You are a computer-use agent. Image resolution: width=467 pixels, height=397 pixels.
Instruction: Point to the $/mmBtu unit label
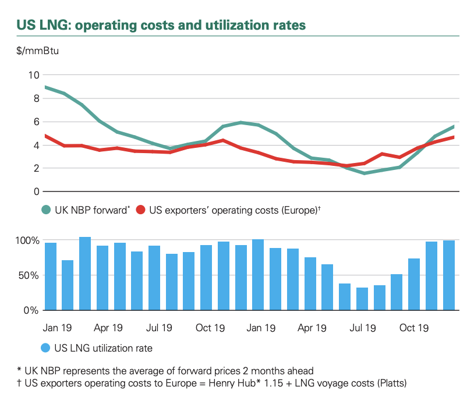tap(37, 51)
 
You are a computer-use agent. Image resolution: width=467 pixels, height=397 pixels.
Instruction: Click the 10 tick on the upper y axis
tap(33, 75)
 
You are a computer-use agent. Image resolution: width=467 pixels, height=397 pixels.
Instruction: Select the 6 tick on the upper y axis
tap(36, 122)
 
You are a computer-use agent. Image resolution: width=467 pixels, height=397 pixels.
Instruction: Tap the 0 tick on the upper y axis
tap(36, 192)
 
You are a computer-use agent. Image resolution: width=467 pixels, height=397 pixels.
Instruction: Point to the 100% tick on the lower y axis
tap(27, 240)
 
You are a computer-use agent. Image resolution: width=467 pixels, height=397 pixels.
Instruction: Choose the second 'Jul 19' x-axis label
tap(362, 328)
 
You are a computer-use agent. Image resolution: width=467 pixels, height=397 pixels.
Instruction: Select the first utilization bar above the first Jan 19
tap(51, 277)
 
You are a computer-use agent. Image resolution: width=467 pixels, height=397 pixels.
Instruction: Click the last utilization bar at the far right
tap(448, 275)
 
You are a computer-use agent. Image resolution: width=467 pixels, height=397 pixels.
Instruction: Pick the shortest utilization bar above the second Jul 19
tap(362, 299)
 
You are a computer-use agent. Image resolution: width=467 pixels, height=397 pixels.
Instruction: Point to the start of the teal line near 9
tap(45, 87)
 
